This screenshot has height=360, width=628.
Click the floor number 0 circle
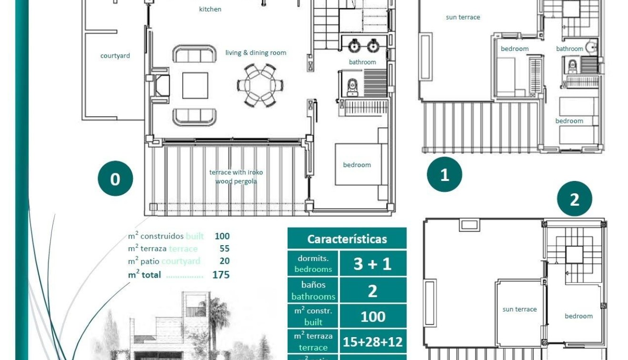pos(115,179)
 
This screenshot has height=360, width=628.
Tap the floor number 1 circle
pos(444,174)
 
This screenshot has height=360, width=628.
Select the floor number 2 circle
pos(574,199)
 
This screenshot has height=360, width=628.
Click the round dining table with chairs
pos(260,85)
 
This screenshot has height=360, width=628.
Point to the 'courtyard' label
pos(115,56)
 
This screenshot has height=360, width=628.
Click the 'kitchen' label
pos(210,9)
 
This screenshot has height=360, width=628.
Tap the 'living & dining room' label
pos(256,53)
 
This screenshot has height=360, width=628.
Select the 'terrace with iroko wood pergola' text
pos(236,177)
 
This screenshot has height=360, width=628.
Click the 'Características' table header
pos(347,239)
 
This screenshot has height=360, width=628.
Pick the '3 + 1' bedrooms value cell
pos(372,264)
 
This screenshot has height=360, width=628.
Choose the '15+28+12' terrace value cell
pos(372,341)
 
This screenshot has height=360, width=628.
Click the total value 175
pos(221,275)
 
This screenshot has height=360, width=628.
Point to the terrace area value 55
pos(224,249)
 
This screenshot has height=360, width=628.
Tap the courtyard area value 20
pos(224,261)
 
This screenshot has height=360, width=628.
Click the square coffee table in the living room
pos(195,85)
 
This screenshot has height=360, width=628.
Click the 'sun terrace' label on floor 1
pos(463,17)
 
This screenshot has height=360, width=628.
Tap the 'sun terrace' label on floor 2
pos(519,309)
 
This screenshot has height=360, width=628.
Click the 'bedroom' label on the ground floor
pos(357,165)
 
